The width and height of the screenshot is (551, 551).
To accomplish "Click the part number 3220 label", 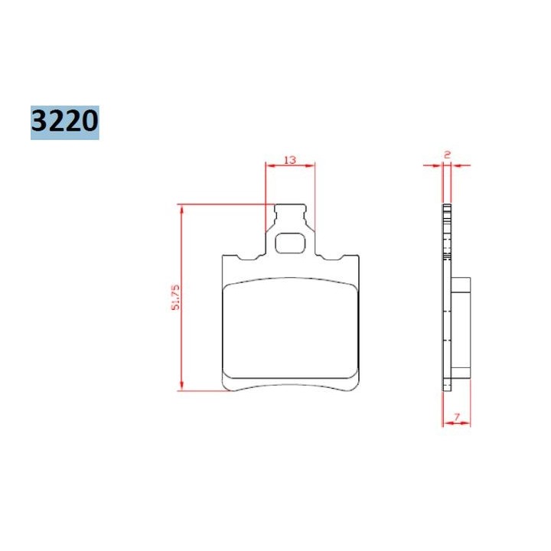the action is (x=64, y=122).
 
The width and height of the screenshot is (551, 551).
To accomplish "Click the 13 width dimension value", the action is (x=290, y=160).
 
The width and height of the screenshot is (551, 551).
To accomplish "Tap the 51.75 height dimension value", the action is (x=175, y=297).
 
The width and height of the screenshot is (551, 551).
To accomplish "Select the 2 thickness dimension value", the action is (x=447, y=155).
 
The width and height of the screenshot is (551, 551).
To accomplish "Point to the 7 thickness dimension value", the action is (x=457, y=417).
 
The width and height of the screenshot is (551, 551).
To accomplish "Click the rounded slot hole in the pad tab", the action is (x=290, y=243).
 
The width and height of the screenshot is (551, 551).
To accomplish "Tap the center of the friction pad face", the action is (x=291, y=328).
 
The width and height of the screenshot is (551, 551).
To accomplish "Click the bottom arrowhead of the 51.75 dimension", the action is (x=181, y=385).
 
